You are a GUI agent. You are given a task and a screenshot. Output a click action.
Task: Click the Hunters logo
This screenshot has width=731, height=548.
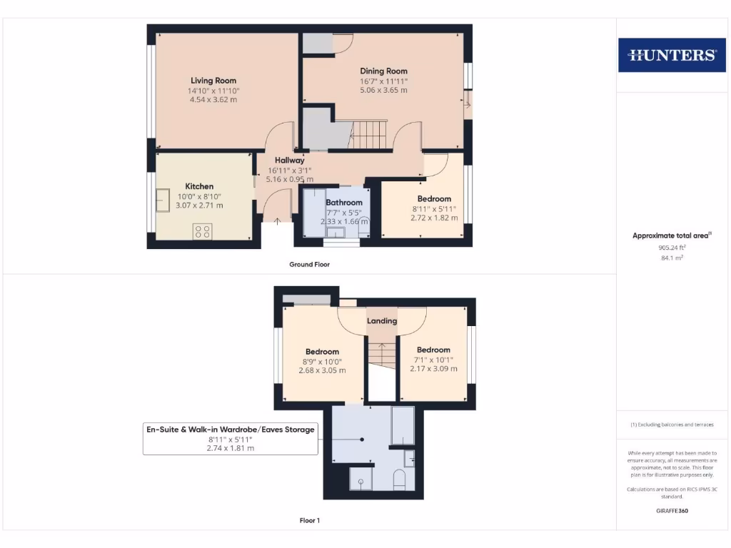[671, 55]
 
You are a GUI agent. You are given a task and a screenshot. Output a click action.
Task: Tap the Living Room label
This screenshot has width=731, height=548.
[213, 81]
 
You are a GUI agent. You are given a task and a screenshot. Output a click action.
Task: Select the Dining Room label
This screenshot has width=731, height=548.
[383, 71]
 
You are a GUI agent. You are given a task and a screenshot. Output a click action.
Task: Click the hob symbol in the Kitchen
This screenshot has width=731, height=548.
[202, 231]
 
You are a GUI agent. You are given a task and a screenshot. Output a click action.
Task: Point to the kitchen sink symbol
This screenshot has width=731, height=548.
[163, 198]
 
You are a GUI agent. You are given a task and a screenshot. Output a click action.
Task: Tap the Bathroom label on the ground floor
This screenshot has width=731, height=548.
[344, 203]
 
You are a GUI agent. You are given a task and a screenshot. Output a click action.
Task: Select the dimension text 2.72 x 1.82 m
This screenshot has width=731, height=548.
[434, 218]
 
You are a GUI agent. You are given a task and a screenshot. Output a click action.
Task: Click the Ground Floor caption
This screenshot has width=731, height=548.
[309, 264]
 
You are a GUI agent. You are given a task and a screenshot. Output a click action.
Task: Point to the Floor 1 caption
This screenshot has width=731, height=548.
[309, 520]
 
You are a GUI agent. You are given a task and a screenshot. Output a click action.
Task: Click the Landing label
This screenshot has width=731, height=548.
[382, 321]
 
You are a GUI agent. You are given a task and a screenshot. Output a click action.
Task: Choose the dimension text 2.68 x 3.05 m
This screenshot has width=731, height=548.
[322, 370]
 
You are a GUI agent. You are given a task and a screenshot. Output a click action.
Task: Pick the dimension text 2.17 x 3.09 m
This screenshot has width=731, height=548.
[433, 368]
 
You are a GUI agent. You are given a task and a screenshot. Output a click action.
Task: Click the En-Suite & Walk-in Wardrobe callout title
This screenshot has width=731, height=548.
[230, 430]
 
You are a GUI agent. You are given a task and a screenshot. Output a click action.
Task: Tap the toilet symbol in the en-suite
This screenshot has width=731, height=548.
[399, 479]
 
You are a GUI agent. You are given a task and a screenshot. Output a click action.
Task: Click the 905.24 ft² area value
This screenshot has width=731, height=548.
[671, 248]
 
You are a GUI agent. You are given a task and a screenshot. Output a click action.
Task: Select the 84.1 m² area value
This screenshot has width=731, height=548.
[671, 258]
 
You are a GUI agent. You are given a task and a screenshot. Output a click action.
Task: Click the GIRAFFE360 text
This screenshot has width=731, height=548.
[671, 511]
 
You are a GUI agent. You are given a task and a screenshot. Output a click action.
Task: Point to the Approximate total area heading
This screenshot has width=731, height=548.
[671, 235]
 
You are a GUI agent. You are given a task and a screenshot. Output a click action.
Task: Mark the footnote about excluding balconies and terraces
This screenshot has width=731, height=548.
[671, 425]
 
